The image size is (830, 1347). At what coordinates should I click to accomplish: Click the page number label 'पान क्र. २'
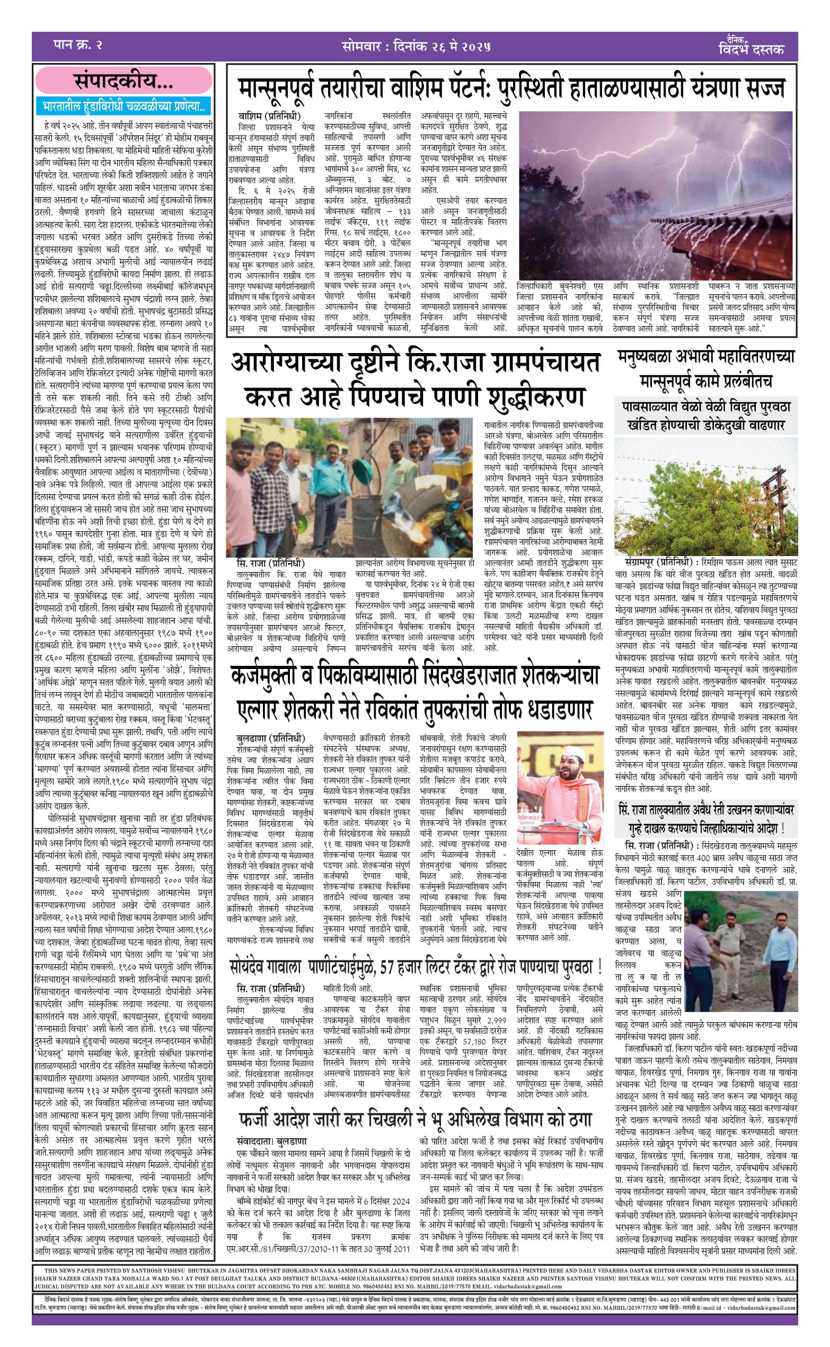click(78, 44)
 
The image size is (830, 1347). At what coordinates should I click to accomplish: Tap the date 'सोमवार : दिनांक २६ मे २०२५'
click(414, 45)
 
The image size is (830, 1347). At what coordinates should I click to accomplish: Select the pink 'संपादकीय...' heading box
click(123, 82)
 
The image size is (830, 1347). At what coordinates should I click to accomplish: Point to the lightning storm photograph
click(655, 196)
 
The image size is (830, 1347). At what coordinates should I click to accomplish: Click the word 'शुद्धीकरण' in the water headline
click(527, 397)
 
